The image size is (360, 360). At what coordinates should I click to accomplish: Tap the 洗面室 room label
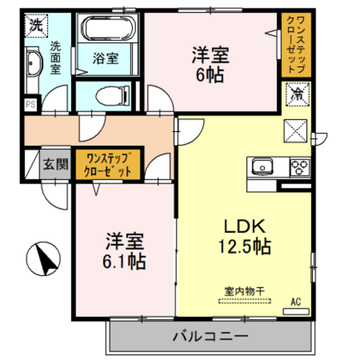[x=55, y=58]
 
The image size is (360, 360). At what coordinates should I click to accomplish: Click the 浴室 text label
[x=106, y=58]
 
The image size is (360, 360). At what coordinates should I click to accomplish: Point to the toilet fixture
[x=111, y=95]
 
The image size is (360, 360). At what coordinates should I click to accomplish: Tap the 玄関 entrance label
[x=56, y=164]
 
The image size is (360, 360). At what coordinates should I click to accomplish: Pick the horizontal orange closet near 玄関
[x=109, y=164]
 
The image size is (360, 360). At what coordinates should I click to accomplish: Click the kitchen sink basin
[x=261, y=166]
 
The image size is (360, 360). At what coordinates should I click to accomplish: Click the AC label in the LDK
[x=296, y=302]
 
